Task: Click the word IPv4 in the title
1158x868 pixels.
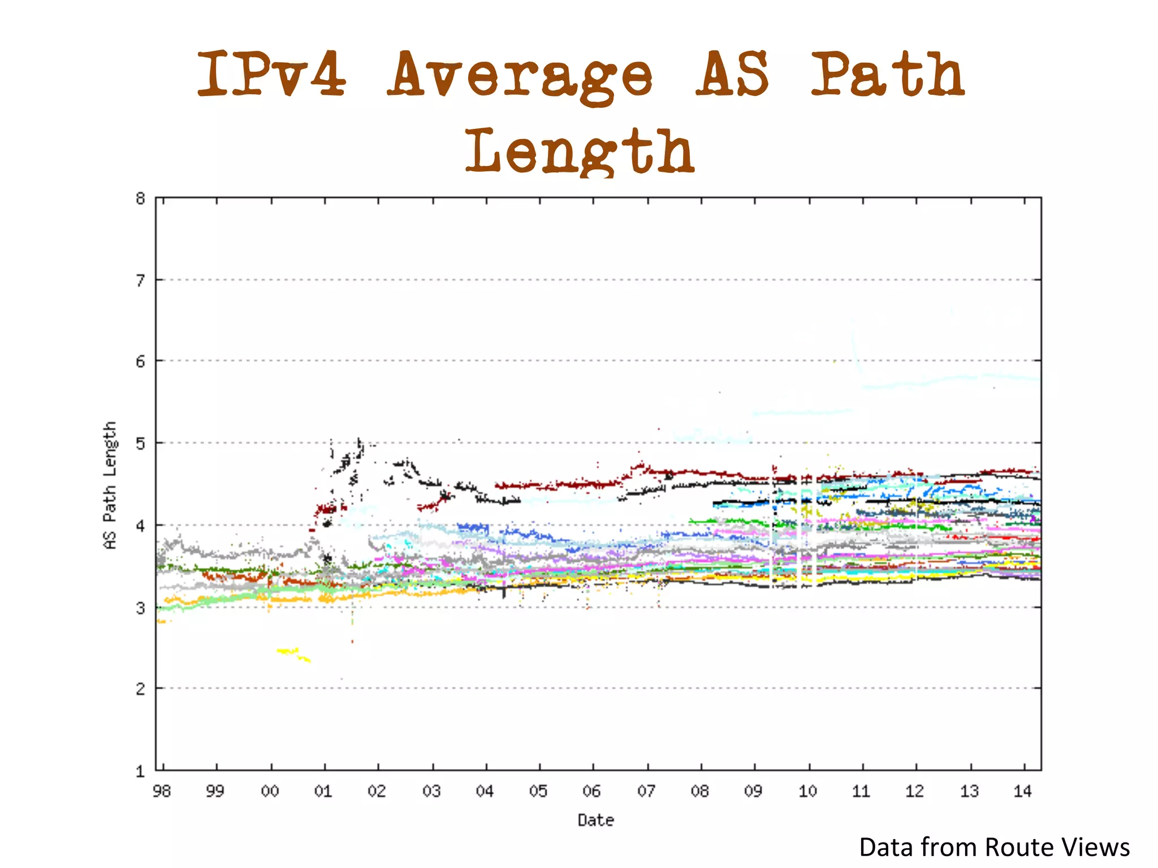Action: (271, 73)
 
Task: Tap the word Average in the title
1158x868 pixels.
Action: (520, 76)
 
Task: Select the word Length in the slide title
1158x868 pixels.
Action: (580, 151)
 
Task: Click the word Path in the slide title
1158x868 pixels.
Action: (888, 73)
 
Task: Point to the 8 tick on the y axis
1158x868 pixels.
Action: (140, 198)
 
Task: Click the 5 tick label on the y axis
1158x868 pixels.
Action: (140, 443)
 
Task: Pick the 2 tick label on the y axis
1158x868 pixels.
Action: (140, 688)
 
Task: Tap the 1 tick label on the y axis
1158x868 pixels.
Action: (140, 771)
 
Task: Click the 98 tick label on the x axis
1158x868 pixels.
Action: (162, 791)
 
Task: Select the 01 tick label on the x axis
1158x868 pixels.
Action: (323, 791)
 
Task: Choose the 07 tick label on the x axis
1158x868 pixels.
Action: (646, 791)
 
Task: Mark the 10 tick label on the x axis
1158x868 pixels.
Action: (807, 791)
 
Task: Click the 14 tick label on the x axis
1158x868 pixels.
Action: (1023, 791)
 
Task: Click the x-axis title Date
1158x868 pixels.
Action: (595, 820)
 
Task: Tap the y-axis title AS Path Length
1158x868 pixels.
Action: (110, 485)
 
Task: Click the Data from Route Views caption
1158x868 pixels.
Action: (994, 848)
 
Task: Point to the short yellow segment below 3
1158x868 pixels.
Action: (293, 654)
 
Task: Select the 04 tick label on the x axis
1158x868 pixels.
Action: (485, 791)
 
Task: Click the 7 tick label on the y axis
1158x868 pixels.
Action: (140, 280)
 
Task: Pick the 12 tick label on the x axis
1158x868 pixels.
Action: (915, 791)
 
